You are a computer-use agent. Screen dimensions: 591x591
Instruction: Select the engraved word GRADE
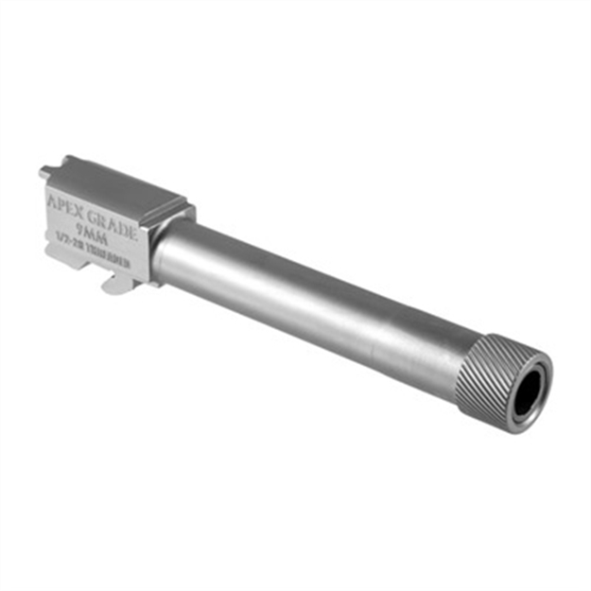click(x=114, y=218)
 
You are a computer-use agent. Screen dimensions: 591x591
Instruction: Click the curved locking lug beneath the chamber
click(x=113, y=281)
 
